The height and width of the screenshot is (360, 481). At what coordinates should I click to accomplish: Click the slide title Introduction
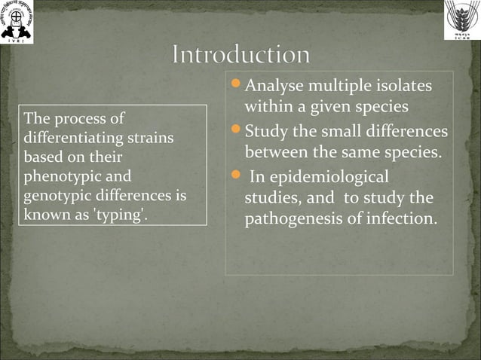point(240,56)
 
